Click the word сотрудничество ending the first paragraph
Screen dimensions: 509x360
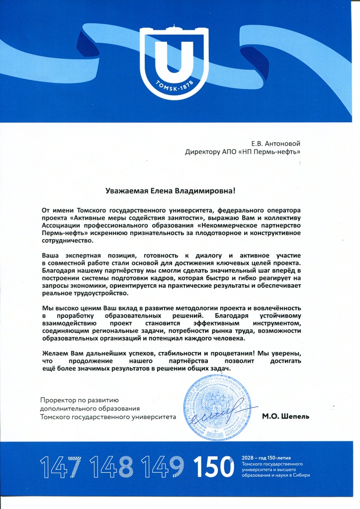pos(67,240)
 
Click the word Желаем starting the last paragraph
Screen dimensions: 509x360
pos(55,353)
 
